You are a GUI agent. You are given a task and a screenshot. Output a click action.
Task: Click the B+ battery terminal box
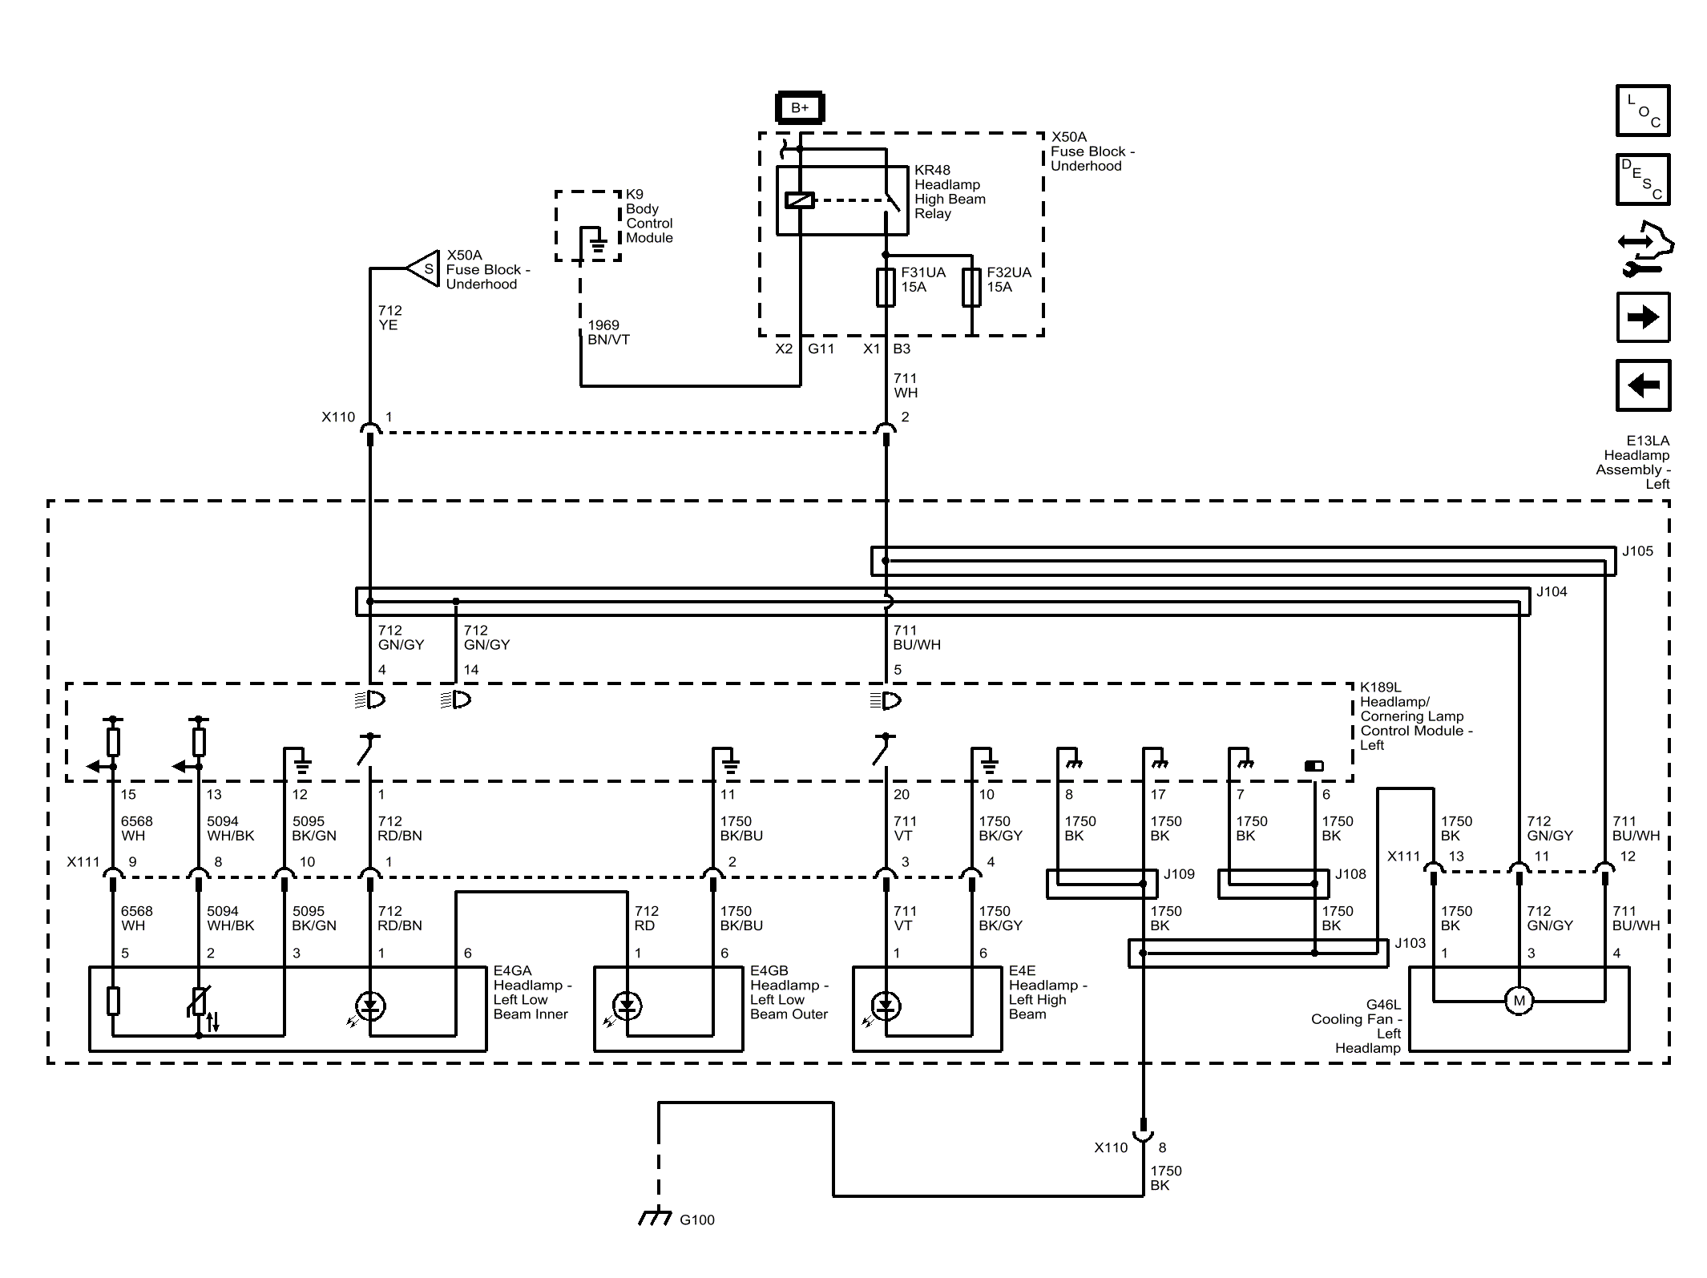pos(800,107)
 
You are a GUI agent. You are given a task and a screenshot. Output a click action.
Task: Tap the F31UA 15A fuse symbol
pos(886,288)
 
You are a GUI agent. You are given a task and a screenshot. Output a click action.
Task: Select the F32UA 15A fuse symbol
pos(971,288)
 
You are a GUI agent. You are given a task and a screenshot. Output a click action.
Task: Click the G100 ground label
pos(696,1220)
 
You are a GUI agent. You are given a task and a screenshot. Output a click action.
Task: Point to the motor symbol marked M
pos(1519,1000)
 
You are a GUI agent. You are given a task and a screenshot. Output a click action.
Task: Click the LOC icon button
pos(1643,111)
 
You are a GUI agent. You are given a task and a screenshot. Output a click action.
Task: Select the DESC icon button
pos(1643,179)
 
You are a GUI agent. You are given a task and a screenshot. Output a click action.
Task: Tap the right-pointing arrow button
pos(1643,317)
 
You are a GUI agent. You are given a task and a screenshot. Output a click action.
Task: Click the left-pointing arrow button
pos(1643,385)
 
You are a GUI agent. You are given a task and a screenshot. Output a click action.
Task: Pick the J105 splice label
pos(1637,551)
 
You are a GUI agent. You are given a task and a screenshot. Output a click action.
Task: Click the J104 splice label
pos(1552,592)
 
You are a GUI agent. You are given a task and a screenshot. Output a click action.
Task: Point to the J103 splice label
pos(1410,943)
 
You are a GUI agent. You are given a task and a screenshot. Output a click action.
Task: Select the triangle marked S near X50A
pos(423,269)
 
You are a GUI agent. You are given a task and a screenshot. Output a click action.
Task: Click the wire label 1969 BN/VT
pos(608,333)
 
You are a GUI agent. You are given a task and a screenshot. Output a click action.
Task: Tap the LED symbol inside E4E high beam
pos(885,1006)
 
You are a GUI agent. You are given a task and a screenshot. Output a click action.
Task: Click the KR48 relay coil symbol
pos(799,200)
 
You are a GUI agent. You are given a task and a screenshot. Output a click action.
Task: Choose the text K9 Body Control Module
pos(649,216)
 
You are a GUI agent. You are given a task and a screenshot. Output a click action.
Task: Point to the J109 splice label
pos(1179,874)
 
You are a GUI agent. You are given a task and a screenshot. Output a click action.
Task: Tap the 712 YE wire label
pos(389,318)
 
